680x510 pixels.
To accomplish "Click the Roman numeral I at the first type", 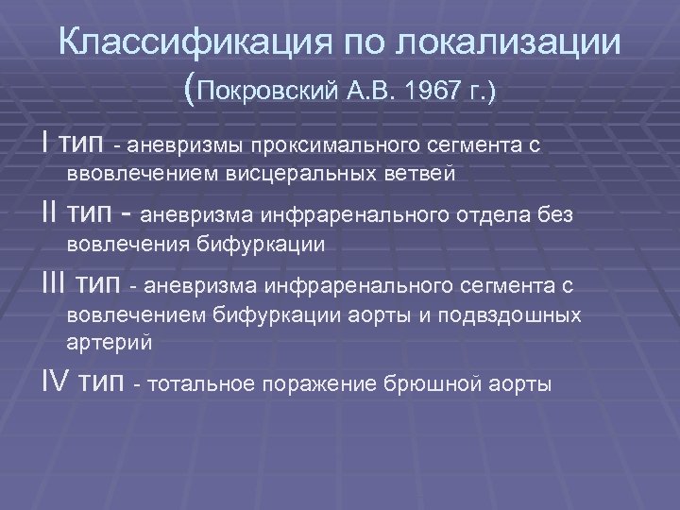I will click(45, 144).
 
